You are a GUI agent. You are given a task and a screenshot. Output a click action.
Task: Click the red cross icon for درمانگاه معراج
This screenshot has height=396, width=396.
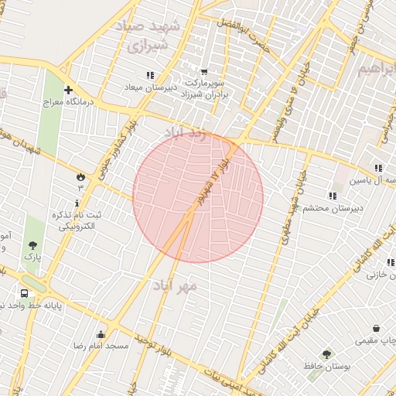[x=69, y=90]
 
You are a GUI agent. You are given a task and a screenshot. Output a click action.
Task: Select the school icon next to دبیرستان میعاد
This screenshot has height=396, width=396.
[x=149, y=75]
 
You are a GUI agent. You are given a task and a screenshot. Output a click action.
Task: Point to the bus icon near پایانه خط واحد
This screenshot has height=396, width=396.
[x=25, y=294]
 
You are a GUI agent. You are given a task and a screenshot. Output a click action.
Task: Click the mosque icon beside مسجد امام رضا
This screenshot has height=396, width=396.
[x=101, y=334]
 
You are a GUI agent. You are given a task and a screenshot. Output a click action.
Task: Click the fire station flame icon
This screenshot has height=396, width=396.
[x=80, y=176]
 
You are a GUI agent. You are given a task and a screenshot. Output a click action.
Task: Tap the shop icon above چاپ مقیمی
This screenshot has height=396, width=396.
[x=376, y=328]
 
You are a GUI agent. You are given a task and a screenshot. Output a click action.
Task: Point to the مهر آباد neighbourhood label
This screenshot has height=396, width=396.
[x=183, y=285]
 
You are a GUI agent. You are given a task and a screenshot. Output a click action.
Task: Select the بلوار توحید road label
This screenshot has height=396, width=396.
[x=147, y=340]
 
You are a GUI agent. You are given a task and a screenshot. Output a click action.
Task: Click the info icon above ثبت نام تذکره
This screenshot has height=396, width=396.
[x=77, y=202]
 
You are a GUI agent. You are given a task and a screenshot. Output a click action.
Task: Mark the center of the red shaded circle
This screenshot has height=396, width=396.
[x=198, y=197]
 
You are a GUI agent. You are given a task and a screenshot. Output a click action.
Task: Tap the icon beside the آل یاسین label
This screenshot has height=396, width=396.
[x=378, y=168]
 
